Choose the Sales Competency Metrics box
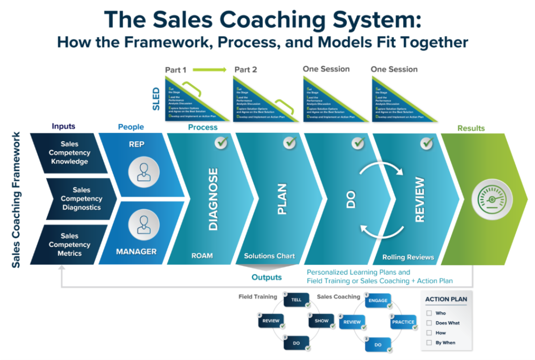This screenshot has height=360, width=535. point(70,244)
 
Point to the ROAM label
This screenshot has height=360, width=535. point(202,256)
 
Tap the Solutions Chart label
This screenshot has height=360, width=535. point(269,256)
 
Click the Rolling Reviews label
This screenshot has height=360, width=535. point(408,257)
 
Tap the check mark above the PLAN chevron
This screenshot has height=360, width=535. point(290,142)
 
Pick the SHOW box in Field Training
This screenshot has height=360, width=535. point(321,321)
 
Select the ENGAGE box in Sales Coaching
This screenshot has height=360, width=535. point(377,301)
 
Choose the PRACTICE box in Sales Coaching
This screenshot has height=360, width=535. point(403,322)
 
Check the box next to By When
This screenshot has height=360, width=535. point(429,343)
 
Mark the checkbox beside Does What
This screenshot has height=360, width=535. point(429,323)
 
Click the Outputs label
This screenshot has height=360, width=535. point(267,277)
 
